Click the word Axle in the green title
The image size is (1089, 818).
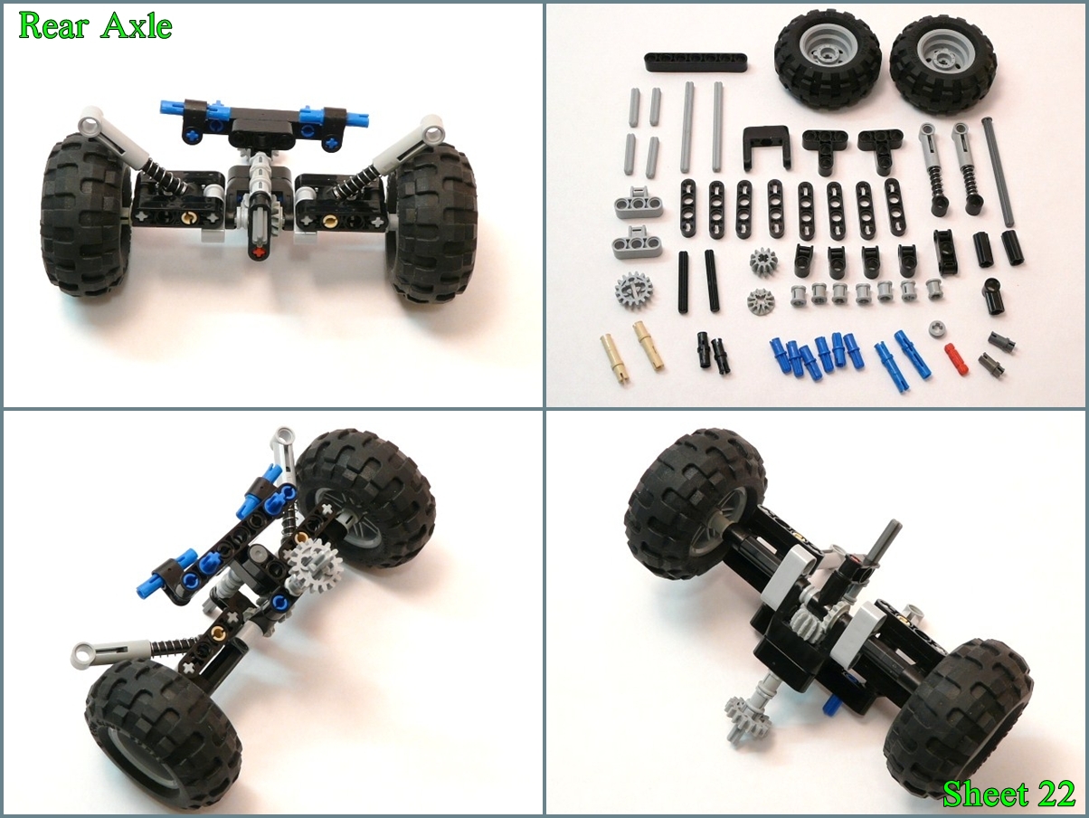(x=137, y=27)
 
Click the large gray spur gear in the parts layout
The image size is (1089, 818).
(x=633, y=290)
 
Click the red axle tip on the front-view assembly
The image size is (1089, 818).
(x=258, y=253)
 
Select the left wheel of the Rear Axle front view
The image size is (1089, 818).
(x=84, y=214)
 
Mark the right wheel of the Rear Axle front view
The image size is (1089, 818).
(x=431, y=221)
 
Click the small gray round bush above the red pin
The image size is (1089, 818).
(x=937, y=328)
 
